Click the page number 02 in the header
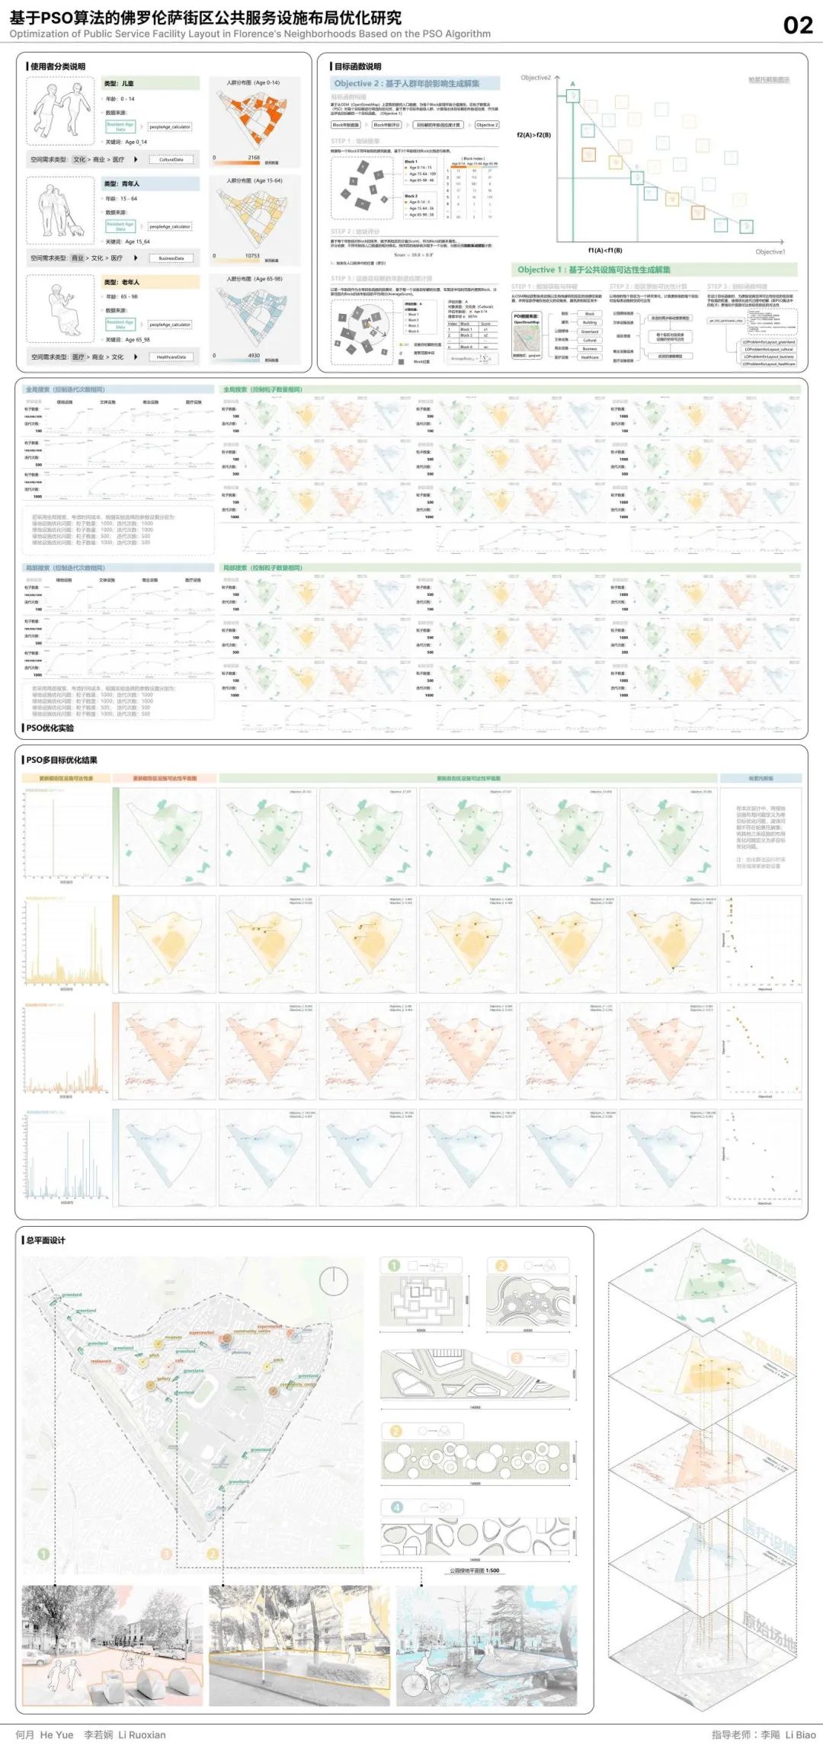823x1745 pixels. [798, 25]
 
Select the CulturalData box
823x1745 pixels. [171, 160]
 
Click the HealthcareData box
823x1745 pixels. [171, 357]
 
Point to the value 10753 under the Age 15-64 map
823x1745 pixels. [252, 256]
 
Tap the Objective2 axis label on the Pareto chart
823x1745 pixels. [536, 78]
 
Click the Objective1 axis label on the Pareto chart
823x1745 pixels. [770, 251]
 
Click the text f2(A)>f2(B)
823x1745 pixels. [533, 135]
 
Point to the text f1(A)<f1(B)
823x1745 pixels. [604, 250]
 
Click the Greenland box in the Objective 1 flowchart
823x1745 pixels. [590, 331]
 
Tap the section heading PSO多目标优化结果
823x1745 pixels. [62, 760]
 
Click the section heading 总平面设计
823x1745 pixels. [46, 1241]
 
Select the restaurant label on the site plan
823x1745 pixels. [101, 1361]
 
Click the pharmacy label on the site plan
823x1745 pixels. [241, 1353]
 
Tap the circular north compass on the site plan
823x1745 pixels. [334, 1281]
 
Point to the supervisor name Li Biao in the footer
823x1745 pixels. [800, 1734]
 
